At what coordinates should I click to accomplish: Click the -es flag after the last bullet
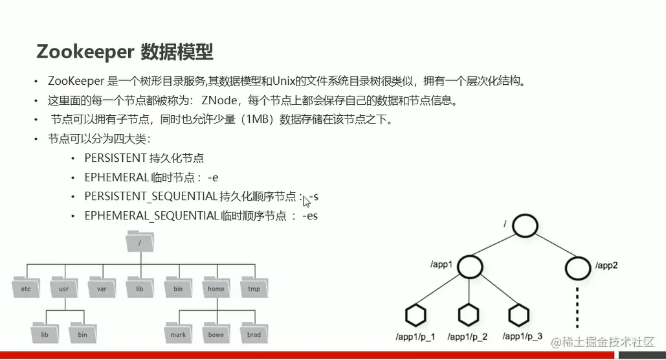pyautogui.click(x=310, y=216)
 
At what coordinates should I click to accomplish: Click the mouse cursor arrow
pyautogui.click(x=306, y=201)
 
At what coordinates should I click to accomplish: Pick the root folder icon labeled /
pyautogui.click(x=140, y=242)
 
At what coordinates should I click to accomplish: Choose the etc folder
pyautogui.click(x=26, y=287)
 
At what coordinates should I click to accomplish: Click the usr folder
pyautogui.click(x=63, y=287)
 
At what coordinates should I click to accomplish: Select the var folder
pyautogui.click(x=102, y=287)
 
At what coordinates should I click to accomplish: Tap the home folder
pyautogui.click(x=216, y=287)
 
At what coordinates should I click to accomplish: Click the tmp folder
pyautogui.click(x=254, y=287)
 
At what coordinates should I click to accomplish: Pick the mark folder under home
pyautogui.click(x=178, y=333)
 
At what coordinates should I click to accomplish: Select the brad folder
pyautogui.click(x=254, y=333)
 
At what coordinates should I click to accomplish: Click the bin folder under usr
pyautogui.click(x=82, y=333)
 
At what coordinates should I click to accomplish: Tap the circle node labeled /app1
pyautogui.click(x=472, y=265)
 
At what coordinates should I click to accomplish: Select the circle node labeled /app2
pyautogui.click(x=577, y=265)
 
